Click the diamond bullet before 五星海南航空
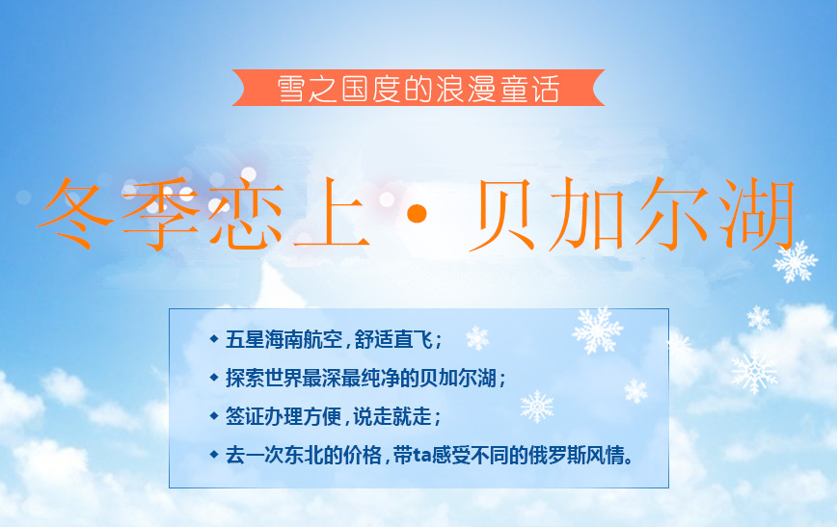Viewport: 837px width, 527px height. coord(214,339)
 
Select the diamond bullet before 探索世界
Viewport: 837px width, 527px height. coord(214,377)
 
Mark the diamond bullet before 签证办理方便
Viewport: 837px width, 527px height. coord(214,415)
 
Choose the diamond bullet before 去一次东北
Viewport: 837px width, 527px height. coord(214,453)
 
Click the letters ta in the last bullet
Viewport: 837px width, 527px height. coord(421,455)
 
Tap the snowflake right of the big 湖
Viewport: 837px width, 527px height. coord(796,261)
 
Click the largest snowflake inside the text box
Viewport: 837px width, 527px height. coord(598,330)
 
